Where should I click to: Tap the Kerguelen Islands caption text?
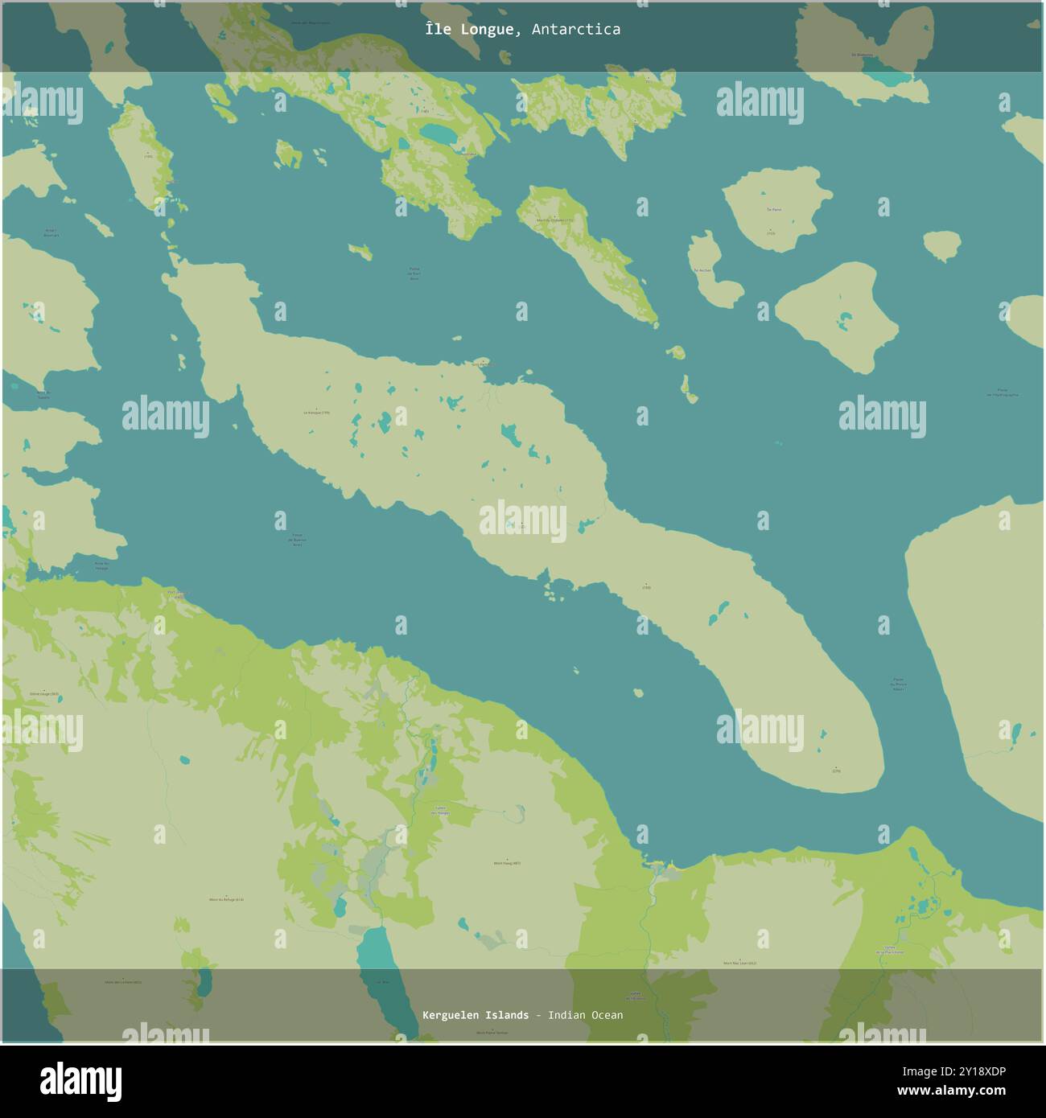[x=475, y=1015]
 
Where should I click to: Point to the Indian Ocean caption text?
[x=585, y=1015]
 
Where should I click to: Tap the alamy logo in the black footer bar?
[x=80, y=1081]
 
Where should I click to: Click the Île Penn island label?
[x=774, y=209]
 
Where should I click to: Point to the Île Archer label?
[x=703, y=270]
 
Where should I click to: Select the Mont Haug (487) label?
[x=507, y=863]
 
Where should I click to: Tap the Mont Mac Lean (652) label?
[x=739, y=963]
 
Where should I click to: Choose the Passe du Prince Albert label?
[x=898, y=684]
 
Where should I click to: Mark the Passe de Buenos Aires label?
[x=297, y=540]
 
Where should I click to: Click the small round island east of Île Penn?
[x=941, y=245]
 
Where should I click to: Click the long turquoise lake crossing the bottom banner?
[x=374, y=977]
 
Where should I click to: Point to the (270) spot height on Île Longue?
[x=836, y=770]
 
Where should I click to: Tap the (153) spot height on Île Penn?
[x=771, y=232]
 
